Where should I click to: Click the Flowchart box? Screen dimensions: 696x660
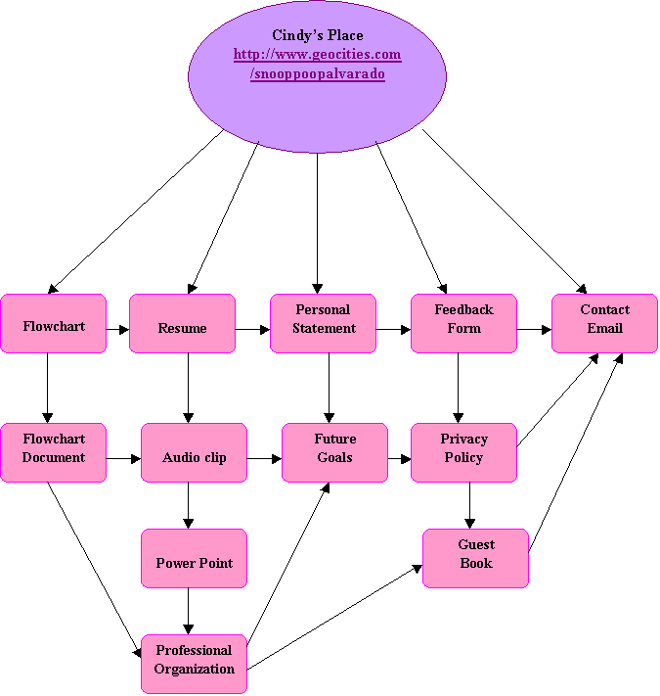(x=53, y=324)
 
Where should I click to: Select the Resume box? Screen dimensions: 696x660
(x=182, y=324)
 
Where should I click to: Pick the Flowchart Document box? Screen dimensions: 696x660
(x=53, y=451)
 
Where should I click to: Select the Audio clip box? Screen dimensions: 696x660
(x=194, y=453)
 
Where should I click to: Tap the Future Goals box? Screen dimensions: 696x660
(x=334, y=451)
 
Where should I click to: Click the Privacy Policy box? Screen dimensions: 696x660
(x=463, y=451)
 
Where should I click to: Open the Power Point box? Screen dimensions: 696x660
(x=194, y=559)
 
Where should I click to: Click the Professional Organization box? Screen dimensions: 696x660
(x=194, y=663)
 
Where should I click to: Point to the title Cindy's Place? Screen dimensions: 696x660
(x=317, y=36)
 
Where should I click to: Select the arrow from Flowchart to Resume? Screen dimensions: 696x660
(x=117, y=329)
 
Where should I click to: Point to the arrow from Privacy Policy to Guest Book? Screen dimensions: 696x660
(x=470, y=505)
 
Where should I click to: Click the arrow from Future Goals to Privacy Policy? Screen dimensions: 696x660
(x=399, y=457)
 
